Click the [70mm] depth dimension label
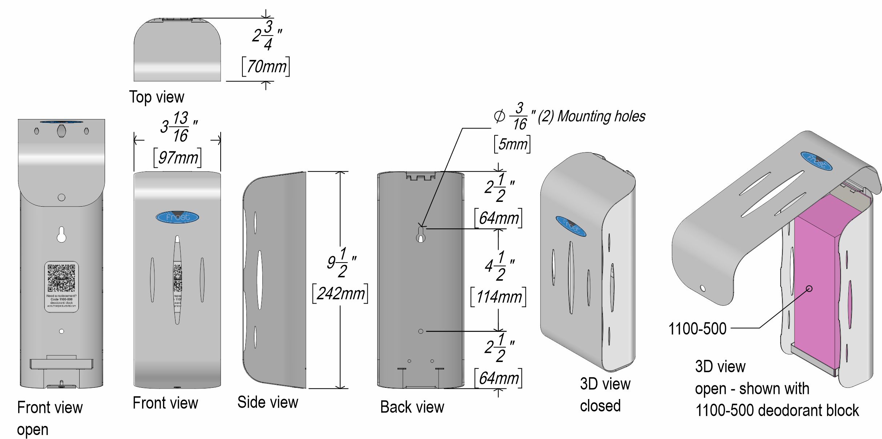[x=266, y=67]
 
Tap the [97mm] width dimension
[x=178, y=158]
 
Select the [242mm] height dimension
[x=340, y=294]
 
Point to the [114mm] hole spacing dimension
[x=498, y=297]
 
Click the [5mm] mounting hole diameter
[x=512, y=144]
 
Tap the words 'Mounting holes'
[x=601, y=116]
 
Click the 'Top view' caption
[x=157, y=97]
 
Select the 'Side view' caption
[x=267, y=402]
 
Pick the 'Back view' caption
[x=412, y=407]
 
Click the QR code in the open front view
[x=61, y=278]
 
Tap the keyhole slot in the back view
[x=420, y=234]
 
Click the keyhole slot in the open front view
[x=61, y=235]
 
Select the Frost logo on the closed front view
[x=177, y=217]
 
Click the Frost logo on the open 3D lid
[x=817, y=160]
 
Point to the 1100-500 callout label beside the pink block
[x=697, y=329]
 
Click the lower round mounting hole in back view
[x=420, y=331]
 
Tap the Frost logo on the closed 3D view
[x=571, y=227]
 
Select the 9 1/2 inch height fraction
[x=341, y=262]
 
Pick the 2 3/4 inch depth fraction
[x=267, y=36]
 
